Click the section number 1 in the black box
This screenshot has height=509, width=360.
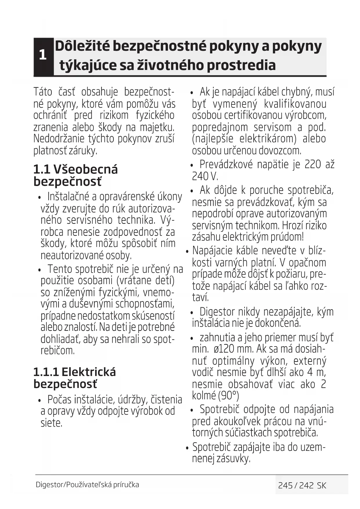[43, 55]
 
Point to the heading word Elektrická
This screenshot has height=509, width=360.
[88, 372]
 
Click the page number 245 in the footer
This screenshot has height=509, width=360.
[285, 485]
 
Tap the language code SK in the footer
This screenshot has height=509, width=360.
[321, 485]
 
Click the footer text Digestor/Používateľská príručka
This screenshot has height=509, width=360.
[87, 485]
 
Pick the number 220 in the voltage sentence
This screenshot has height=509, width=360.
[313, 165]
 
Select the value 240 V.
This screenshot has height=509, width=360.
[205, 176]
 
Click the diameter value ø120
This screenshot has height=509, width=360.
[224, 349]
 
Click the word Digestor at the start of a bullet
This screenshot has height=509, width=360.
[217, 312]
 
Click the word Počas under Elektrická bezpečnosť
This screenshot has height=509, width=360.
[59, 400]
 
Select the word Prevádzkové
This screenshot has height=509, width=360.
[226, 165]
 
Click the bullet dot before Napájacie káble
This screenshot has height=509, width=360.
[187, 251]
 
